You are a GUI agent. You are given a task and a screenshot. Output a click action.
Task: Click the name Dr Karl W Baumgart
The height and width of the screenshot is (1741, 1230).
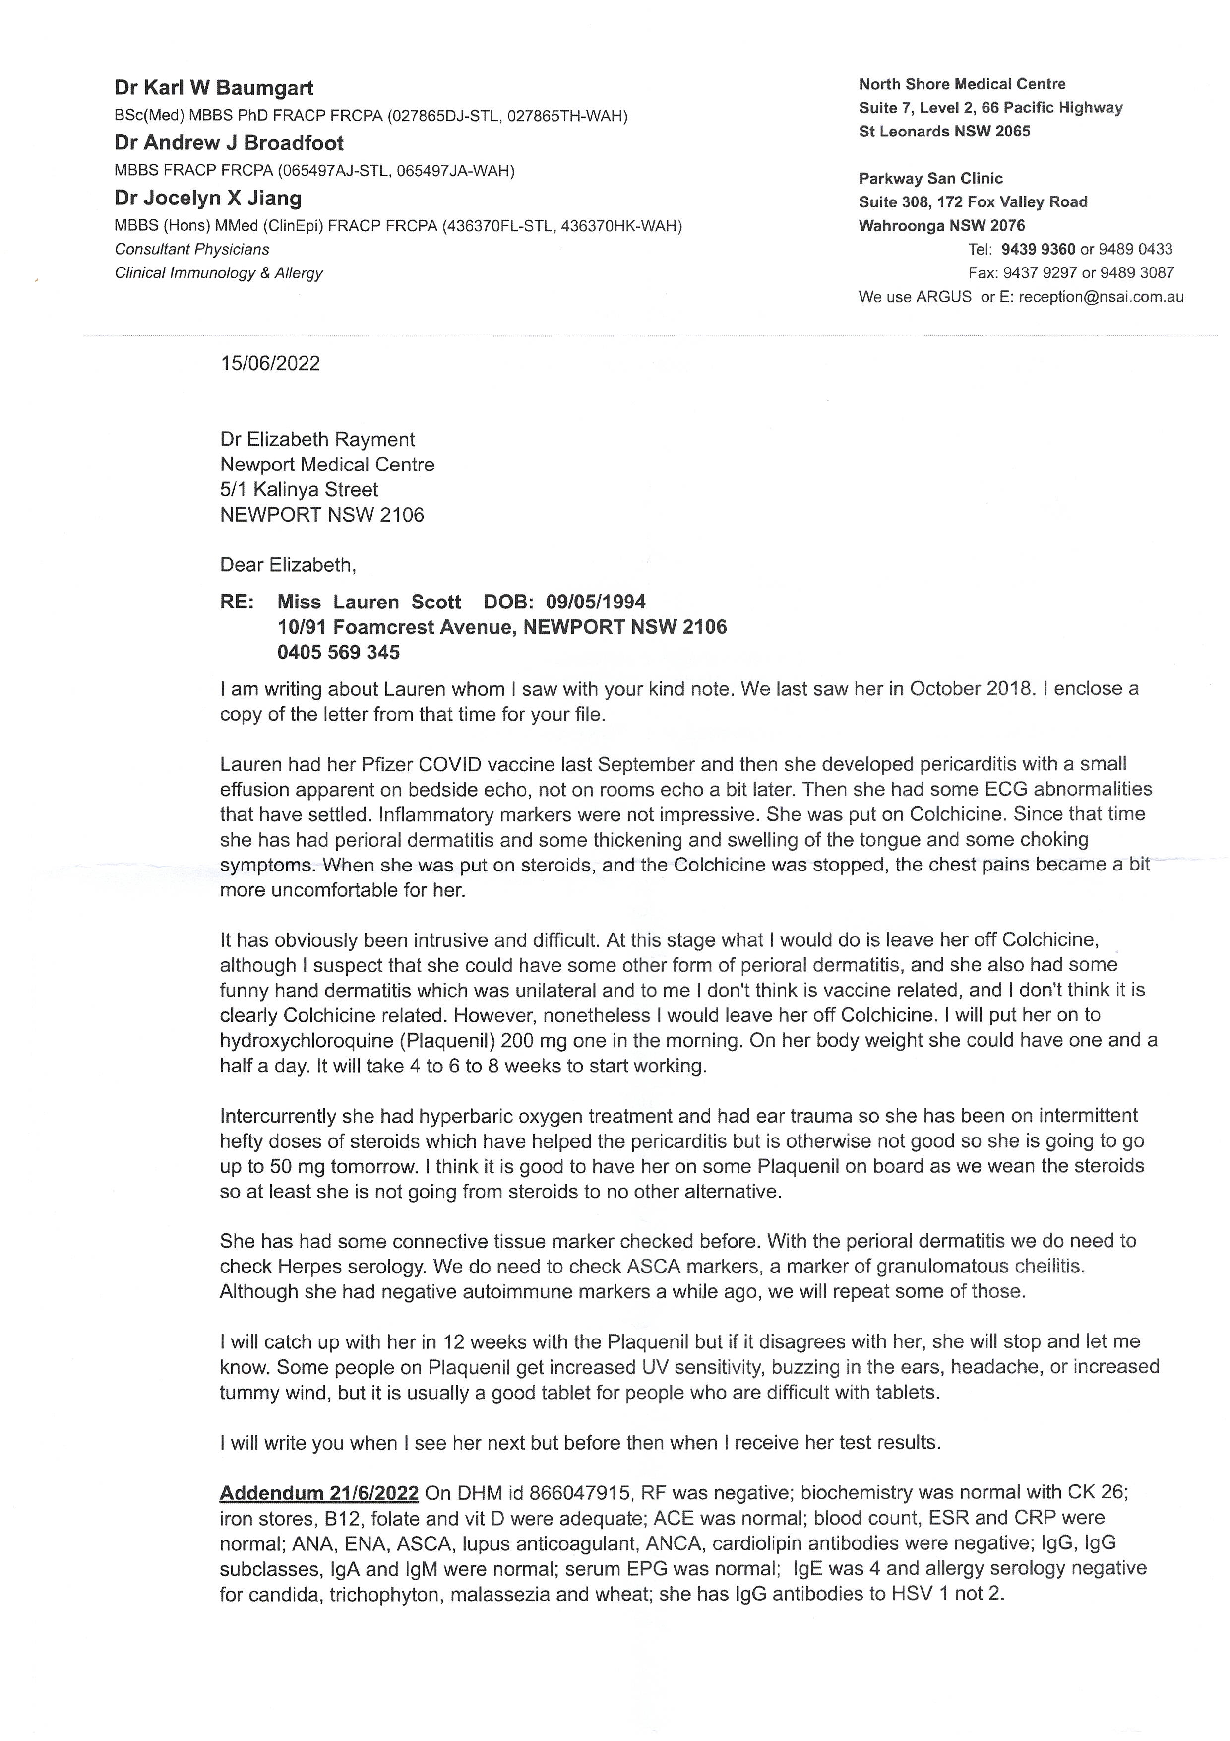(x=214, y=89)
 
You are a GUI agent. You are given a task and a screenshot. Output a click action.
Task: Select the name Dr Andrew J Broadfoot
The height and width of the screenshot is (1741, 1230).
(x=229, y=143)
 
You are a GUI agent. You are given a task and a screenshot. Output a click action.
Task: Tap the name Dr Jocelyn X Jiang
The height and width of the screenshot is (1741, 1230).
(x=208, y=199)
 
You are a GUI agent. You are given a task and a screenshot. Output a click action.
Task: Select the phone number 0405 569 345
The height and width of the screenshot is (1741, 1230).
(x=338, y=652)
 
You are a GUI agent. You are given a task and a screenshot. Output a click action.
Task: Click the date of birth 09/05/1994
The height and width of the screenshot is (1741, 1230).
(x=596, y=602)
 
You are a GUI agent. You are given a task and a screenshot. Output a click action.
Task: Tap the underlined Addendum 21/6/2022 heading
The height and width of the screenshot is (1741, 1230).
(x=319, y=1493)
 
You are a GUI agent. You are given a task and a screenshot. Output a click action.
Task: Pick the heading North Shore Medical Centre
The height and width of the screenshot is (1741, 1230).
(x=962, y=84)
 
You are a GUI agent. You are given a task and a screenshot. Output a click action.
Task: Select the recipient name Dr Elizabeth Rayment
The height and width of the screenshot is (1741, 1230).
(x=317, y=440)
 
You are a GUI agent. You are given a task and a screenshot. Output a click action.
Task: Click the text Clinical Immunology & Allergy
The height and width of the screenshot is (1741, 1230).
(x=218, y=273)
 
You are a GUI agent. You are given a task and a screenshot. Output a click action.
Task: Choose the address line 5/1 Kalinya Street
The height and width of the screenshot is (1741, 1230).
(x=299, y=490)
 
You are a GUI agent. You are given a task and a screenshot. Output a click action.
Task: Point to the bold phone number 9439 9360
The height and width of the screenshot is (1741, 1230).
(x=1038, y=250)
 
